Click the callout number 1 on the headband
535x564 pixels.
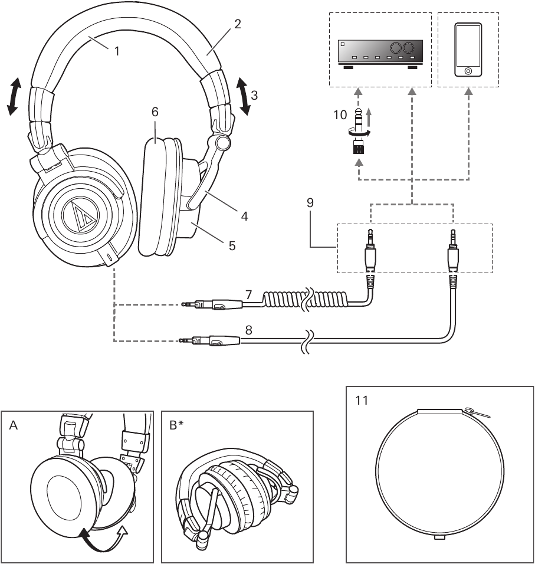(x=117, y=51)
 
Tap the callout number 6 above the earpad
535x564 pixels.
(x=155, y=112)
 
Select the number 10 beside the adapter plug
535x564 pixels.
(x=340, y=114)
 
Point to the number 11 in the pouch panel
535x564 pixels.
(x=362, y=401)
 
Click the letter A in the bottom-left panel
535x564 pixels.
(x=14, y=424)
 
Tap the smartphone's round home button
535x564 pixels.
(x=468, y=70)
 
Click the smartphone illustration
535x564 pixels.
(x=468, y=50)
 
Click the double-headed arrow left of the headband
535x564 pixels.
(x=14, y=96)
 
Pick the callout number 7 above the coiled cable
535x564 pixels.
(x=249, y=294)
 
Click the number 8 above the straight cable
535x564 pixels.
(x=249, y=330)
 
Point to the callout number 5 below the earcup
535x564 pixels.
(x=232, y=245)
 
